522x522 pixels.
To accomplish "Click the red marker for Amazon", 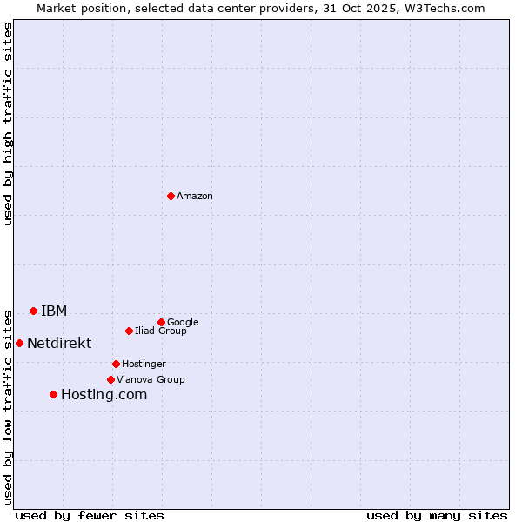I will point(171,196).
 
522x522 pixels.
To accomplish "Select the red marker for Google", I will point(161,322).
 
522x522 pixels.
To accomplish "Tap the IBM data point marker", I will point(33,311).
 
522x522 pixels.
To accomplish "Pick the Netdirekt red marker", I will point(19,343).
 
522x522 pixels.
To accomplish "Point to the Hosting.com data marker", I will point(53,394).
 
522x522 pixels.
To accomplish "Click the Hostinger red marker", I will point(116,364).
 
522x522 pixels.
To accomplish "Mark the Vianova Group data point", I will point(110,379).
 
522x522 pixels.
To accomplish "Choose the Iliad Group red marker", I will point(129,331).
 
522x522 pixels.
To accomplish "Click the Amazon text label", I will point(195,197).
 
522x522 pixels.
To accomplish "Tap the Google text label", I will point(183,322).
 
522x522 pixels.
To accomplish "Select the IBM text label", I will point(54,311).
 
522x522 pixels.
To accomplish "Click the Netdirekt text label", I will point(59,343).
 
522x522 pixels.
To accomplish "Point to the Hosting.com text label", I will point(104,395).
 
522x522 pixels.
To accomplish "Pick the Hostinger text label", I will point(144,364).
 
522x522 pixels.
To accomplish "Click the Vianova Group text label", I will point(151,379).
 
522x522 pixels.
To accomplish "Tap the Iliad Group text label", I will point(161,331).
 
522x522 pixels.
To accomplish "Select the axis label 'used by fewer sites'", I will point(90,515).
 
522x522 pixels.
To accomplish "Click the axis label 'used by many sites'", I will point(437,515).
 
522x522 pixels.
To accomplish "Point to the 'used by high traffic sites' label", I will point(8,124).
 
